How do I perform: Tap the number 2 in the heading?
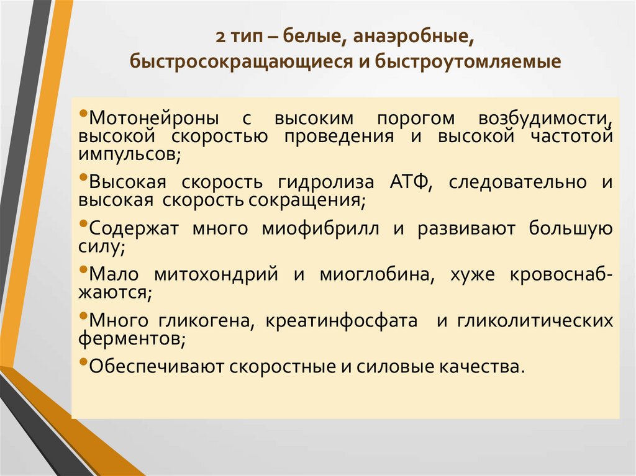(x=221, y=38)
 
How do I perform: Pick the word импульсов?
(x=129, y=153)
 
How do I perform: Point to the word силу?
(x=102, y=246)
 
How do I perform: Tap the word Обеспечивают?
(x=157, y=367)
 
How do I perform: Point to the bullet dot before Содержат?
(x=84, y=225)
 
